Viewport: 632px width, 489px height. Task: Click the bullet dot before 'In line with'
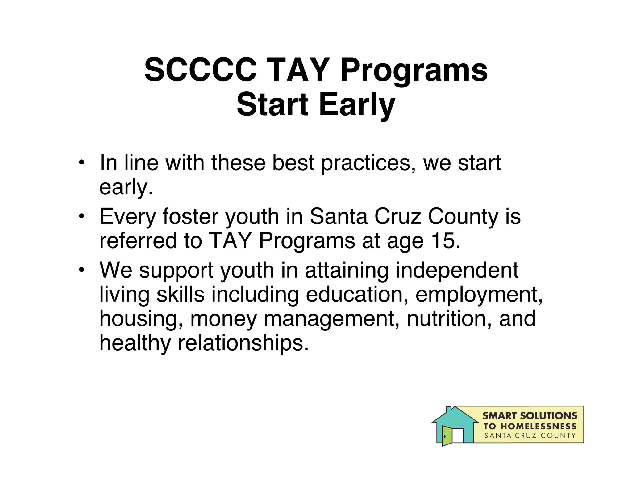[x=81, y=162]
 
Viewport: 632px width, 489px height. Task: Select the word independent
[x=457, y=270]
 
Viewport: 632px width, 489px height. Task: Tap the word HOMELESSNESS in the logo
[x=538, y=427]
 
